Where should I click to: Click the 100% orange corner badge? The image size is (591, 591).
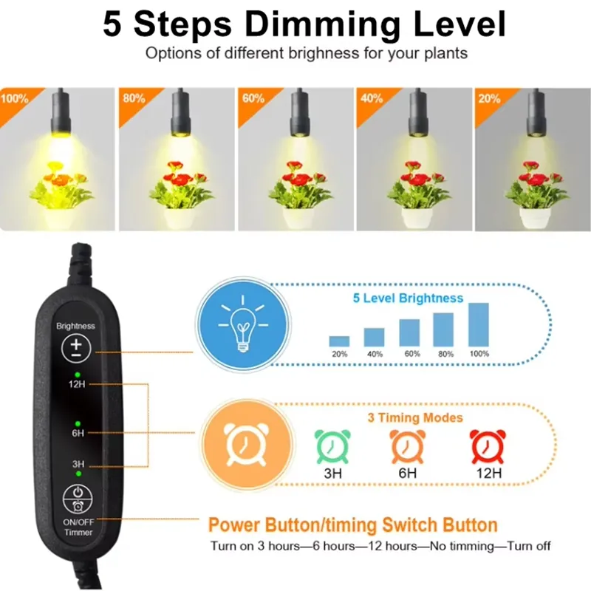(x=14, y=98)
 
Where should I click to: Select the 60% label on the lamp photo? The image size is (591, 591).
(x=253, y=98)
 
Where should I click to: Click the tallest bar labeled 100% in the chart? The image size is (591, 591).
(x=479, y=325)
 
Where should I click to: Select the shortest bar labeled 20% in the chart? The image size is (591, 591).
(x=339, y=341)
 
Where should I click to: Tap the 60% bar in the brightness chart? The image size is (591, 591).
(x=409, y=332)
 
